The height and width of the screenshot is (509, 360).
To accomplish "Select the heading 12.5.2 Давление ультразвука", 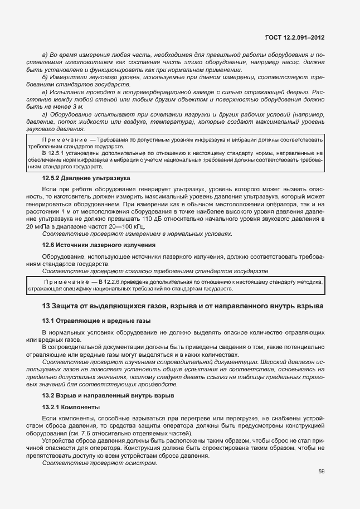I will [x=86, y=178].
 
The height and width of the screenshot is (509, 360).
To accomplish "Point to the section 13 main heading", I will [x=182, y=307].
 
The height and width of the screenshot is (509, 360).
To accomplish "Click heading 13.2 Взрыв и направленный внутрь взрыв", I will [x=108, y=395].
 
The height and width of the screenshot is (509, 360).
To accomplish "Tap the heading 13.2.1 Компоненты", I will [x=71, y=407].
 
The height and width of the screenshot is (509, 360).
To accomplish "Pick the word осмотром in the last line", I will [x=143, y=463].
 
